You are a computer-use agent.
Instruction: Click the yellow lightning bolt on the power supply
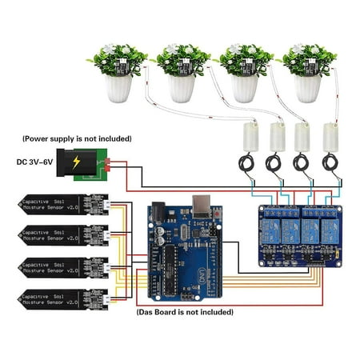click(x=77, y=162)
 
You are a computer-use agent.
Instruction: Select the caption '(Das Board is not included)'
click(x=185, y=311)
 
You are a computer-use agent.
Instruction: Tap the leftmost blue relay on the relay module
click(x=269, y=228)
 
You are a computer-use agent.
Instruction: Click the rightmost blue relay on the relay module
click(x=327, y=228)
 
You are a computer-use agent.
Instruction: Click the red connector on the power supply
click(x=106, y=165)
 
